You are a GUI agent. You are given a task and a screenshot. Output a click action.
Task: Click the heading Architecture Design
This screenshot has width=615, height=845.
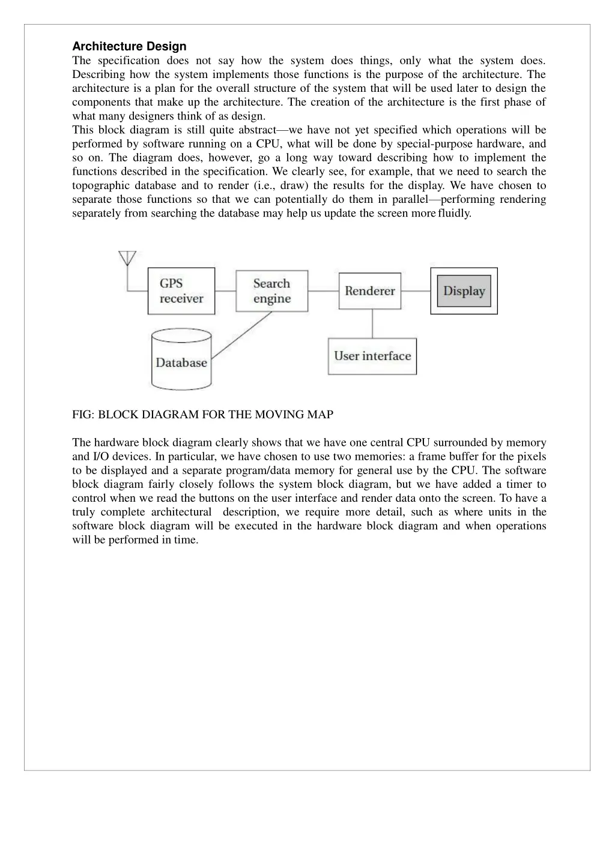pyautogui.click(x=129, y=46)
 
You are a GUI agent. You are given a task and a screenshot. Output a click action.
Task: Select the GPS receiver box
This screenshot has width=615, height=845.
pyautogui.click(x=181, y=291)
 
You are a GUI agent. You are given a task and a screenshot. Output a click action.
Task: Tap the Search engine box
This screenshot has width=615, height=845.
pyautogui.click(x=271, y=291)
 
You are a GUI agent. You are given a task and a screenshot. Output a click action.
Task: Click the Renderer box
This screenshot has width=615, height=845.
pyautogui.click(x=370, y=291)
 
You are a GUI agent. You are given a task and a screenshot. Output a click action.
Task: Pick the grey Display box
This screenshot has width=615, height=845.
pyautogui.click(x=464, y=291)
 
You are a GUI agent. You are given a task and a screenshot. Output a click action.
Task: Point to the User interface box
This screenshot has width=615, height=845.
pyautogui.click(x=372, y=356)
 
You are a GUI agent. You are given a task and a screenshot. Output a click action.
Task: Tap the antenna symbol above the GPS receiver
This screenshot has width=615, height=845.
pyautogui.click(x=127, y=258)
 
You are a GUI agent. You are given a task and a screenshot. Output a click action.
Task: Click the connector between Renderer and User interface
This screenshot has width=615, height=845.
pyautogui.click(x=372, y=323)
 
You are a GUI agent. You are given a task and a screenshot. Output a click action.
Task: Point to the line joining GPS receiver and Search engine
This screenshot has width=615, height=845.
pyautogui.click(x=225, y=291)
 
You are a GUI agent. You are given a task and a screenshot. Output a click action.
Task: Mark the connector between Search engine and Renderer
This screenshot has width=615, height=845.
pyautogui.click(x=324, y=291)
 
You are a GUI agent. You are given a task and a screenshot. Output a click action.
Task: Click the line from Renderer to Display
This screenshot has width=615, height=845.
pyautogui.click(x=416, y=291)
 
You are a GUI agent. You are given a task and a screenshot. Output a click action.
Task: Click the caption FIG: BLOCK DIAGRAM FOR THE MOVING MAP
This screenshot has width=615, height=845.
pyautogui.click(x=202, y=415)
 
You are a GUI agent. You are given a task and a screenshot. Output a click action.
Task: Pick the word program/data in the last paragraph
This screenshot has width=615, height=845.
pyautogui.click(x=258, y=471)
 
